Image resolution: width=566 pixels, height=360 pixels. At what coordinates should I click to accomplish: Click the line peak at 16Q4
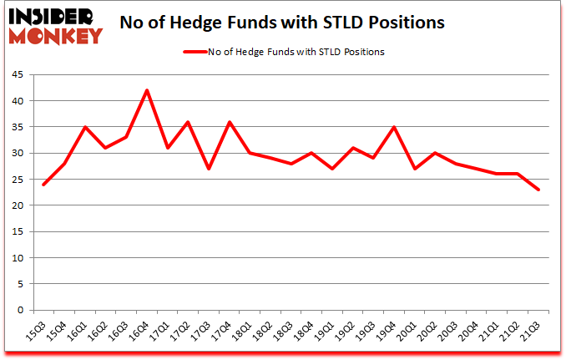point(147,90)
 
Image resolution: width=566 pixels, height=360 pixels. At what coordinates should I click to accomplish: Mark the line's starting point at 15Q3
point(43,185)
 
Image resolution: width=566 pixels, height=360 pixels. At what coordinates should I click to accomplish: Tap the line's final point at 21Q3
point(539,190)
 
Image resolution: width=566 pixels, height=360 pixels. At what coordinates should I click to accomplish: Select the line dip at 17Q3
point(209,169)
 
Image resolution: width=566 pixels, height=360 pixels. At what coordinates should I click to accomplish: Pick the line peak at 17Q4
point(230,122)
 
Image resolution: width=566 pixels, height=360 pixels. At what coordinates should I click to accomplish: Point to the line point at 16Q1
point(85,127)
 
